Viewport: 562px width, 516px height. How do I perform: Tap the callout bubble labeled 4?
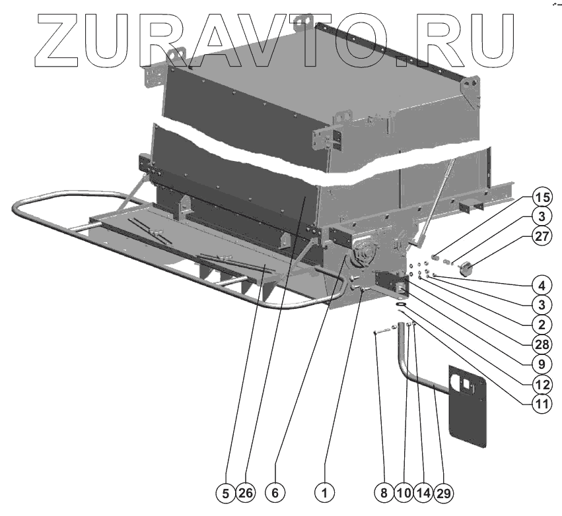point(541,287)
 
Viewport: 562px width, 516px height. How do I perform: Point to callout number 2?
point(541,324)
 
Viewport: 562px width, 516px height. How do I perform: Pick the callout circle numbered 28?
point(541,342)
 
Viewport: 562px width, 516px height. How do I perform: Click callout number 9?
point(541,362)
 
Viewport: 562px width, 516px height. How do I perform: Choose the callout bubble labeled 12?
point(541,381)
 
